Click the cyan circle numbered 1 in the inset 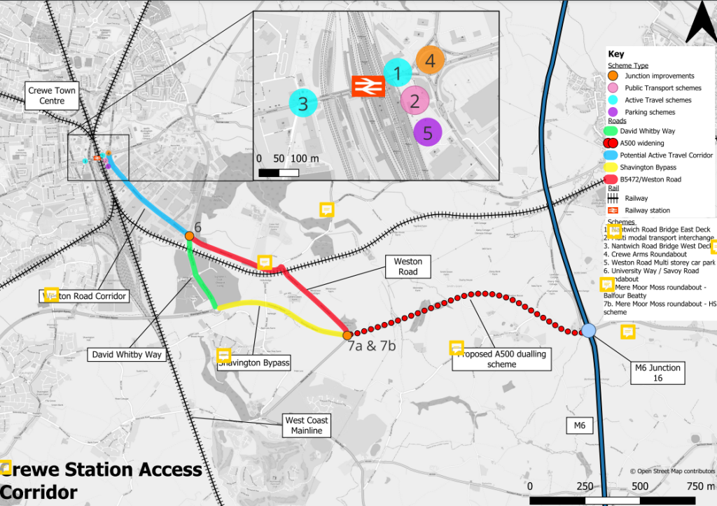398,73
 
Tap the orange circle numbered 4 430,61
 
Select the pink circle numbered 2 414,101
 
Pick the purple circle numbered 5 428,132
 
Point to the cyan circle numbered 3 303,104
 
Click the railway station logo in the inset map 366,85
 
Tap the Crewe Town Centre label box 52,96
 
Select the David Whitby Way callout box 127,355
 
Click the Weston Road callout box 408,267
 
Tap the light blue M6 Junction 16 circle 588,330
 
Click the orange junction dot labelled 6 189,236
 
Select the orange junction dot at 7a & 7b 348,335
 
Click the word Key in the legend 615,54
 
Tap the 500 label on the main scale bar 640,486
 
